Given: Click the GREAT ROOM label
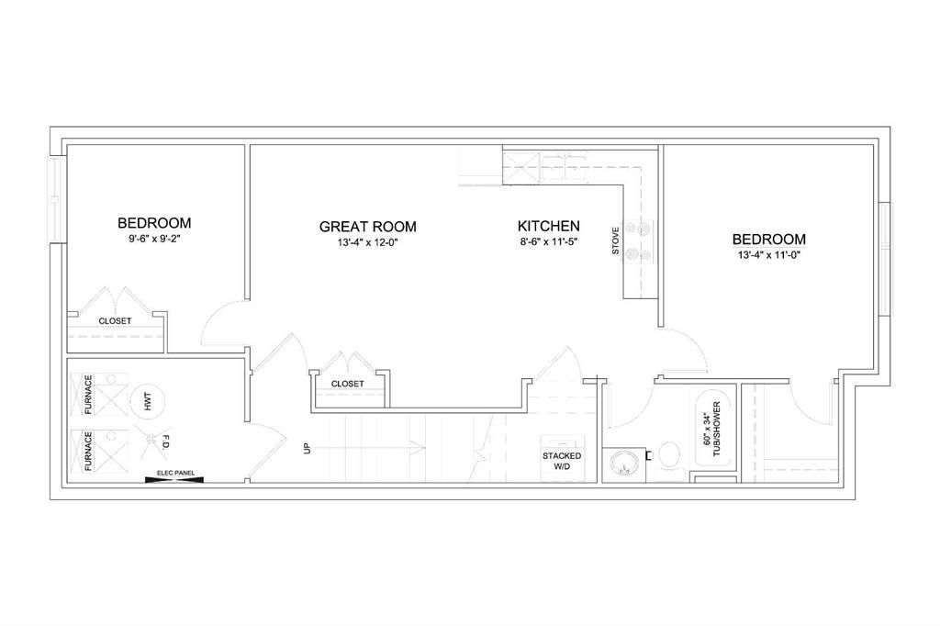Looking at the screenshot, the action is click(x=367, y=227).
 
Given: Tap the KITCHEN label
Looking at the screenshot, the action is click(x=549, y=226).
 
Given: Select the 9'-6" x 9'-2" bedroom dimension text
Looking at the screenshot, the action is click(x=154, y=238).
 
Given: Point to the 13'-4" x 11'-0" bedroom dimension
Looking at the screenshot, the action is click(x=769, y=254).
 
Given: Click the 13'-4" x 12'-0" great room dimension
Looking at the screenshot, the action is click(x=367, y=242).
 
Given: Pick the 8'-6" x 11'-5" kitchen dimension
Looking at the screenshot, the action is click(x=549, y=241).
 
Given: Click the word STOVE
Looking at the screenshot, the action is click(x=616, y=240).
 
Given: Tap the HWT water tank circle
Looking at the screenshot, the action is click(x=147, y=401).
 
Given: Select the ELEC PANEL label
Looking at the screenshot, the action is click(x=175, y=473).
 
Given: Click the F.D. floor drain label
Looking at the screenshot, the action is click(x=162, y=442).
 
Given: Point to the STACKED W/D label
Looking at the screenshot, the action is click(x=562, y=461).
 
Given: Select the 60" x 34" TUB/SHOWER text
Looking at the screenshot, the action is click(x=711, y=429).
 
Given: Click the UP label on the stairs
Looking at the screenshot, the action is click(x=308, y=448).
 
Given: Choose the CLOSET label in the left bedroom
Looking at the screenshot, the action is click(x=115, y=320).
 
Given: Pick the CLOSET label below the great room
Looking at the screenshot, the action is click(x=347, y=383).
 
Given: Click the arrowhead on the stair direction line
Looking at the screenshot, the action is click(x=419, y=448).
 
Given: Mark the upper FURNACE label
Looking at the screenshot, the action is click(x=88, y=395).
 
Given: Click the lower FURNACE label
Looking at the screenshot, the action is click(x=88, y=451).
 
